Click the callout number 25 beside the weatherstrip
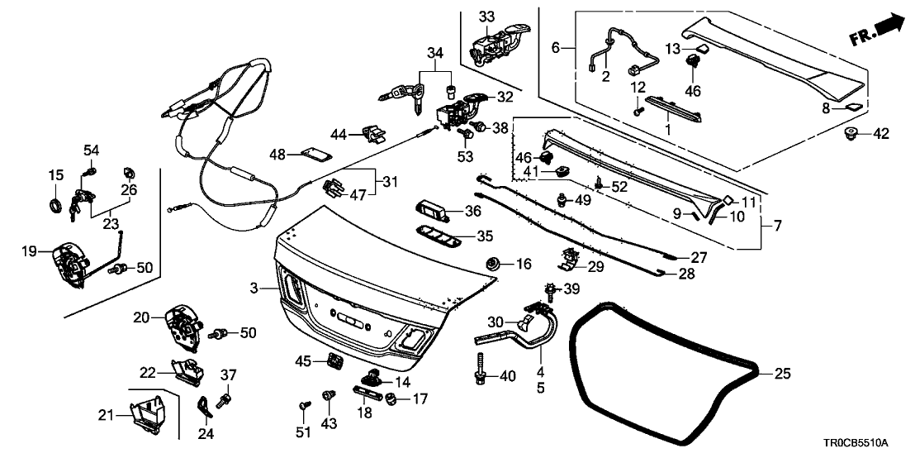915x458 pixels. point(783,374)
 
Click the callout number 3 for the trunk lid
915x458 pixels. point(256,288)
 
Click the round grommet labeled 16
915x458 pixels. point(494,264)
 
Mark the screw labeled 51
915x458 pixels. point(304,407)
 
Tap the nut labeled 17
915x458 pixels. point(391,399)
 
